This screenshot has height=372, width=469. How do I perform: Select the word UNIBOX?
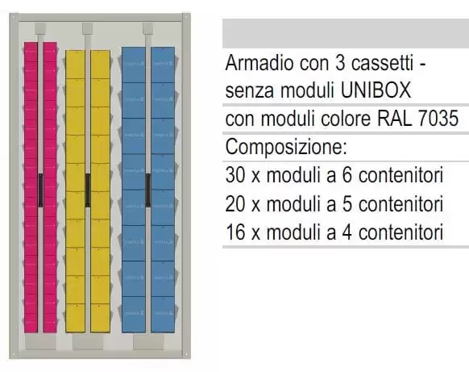[x=376, y=90]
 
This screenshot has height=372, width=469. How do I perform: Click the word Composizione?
[x=286, y=147]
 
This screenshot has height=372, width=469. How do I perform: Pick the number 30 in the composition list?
[x=235, y=175]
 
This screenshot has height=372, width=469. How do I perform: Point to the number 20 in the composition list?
[x=235, y=204]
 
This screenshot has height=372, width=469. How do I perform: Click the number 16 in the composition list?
[x=235, y=232]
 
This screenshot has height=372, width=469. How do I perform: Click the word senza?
[x=250, y=90]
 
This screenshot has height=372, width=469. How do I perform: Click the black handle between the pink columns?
[x=40, y=190]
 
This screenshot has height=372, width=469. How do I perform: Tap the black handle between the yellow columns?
[x=88, y=190]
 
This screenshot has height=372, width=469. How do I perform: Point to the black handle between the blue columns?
[x=147, y=190]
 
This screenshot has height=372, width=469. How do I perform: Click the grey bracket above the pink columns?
[x=40, y=29]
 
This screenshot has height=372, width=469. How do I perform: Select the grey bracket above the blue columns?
[x=147, y=29]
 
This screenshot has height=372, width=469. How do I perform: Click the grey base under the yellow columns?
[x=88, y=341]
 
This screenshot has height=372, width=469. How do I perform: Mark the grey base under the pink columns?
[x=40, y=341]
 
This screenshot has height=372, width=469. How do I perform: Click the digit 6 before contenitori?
[x=347, y=175]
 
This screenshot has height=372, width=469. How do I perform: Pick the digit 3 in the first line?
[x=340, y=63]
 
